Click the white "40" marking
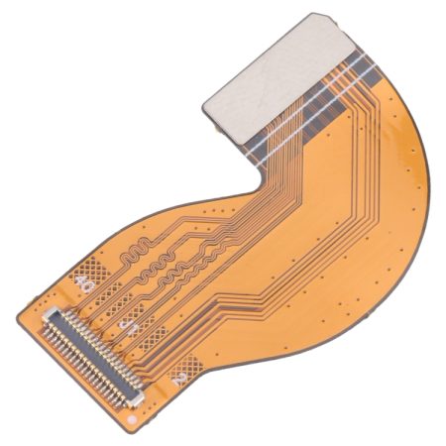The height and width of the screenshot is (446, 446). point(86,290)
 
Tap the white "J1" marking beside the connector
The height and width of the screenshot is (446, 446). point(129,323)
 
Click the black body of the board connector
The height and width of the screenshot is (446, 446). point(91,357)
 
